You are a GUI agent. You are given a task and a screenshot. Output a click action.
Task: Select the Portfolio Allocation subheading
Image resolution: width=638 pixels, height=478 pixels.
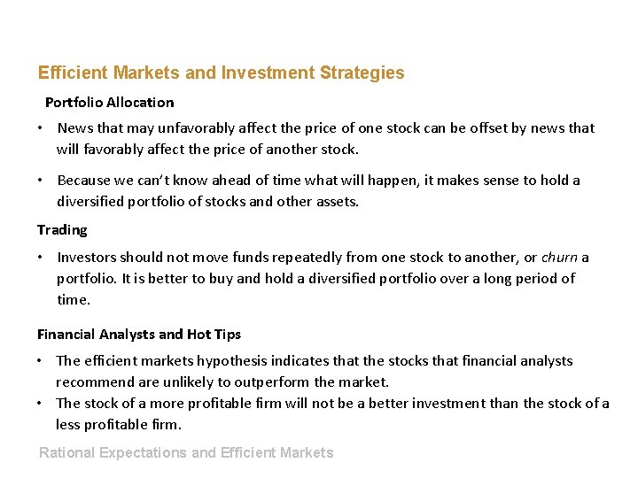click(x=109, y=103)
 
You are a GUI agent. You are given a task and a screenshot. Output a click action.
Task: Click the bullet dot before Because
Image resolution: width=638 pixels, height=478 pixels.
click(x=41, y=181)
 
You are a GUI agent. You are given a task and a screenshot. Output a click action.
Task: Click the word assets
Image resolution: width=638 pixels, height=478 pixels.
click(x=336, y=202)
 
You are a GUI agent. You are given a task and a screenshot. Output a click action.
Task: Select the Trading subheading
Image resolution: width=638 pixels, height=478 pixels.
click(x=62, y=230)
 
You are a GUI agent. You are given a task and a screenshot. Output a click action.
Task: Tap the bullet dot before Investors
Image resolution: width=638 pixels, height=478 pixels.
click(x=41, y=258)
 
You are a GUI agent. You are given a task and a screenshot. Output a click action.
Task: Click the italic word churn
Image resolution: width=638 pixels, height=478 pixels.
click(x=559, y=258)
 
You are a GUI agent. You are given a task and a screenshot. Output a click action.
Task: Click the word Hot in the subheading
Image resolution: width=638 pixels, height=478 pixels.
click(x=198, y=335)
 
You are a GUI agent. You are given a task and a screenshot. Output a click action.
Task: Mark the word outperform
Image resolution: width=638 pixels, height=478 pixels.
click(x=273, y=382)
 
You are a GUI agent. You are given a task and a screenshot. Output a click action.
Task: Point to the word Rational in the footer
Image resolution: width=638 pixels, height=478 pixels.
click(x=67, y=453)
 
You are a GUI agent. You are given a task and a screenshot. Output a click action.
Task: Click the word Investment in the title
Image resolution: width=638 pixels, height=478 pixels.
click(x=267, y=73)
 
